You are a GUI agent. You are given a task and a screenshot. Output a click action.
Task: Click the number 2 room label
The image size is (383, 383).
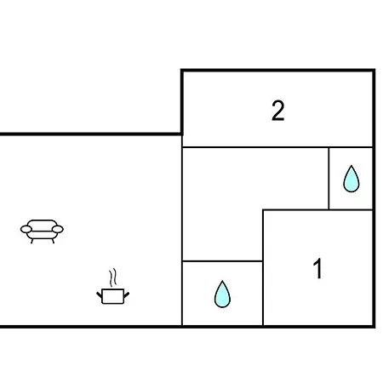[278, 111]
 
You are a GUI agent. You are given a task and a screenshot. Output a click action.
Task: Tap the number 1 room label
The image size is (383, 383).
[318, 268]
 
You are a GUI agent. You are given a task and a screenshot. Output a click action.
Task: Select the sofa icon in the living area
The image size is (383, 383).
[42, 232]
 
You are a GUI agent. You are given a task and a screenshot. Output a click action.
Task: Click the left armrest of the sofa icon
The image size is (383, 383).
[26, 229]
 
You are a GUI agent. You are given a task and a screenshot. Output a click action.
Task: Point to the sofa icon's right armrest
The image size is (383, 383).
[58, 229]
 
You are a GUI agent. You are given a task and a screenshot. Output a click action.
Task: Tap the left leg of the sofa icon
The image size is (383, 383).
[32, 241]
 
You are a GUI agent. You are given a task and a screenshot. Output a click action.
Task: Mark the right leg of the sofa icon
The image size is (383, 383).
[53, 241]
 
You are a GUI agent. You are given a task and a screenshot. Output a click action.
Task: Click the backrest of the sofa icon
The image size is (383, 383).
[42, 224]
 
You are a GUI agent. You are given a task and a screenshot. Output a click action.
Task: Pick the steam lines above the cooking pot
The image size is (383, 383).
[113, 277]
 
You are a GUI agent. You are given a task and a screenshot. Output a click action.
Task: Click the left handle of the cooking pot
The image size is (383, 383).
[100, 294]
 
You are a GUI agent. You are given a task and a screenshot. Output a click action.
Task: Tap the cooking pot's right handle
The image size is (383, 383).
[127, 294]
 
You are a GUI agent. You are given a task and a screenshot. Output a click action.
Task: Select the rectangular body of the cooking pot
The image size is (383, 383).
[112, 296]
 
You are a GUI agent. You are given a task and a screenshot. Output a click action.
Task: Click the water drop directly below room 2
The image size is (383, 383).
[352, 180]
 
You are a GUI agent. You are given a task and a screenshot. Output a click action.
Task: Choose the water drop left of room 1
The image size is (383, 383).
[222, 294]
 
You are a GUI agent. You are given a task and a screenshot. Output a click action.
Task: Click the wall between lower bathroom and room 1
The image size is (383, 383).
[263, 293]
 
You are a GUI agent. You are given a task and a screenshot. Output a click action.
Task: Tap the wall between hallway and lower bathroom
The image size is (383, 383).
[222, 260]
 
